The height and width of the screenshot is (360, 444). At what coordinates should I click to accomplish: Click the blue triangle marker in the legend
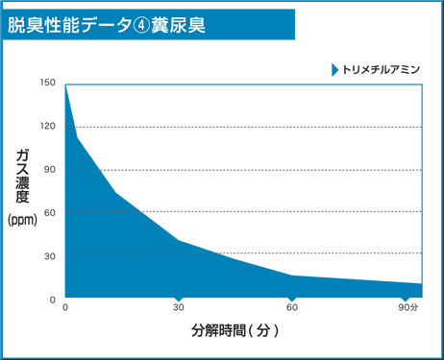334,70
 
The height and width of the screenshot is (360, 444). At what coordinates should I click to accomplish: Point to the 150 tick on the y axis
48,84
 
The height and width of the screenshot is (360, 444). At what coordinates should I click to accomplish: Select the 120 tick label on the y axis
48,127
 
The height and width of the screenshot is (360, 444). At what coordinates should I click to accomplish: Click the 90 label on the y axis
50,170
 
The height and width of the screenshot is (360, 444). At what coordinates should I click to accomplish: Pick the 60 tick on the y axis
50,212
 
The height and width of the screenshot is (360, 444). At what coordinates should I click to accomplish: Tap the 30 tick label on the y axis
50,255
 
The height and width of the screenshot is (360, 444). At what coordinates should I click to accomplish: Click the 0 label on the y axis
53,299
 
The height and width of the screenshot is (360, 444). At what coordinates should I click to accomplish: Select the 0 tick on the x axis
65,308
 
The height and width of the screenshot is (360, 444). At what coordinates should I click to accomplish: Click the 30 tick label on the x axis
178,308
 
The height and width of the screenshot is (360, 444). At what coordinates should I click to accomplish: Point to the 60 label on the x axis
292,308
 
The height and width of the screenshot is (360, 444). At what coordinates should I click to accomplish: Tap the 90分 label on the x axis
408,308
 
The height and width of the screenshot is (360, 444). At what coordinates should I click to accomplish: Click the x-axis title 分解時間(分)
234,331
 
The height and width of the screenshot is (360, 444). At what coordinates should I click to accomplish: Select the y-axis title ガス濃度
23,176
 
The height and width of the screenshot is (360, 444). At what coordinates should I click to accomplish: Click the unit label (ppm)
22,220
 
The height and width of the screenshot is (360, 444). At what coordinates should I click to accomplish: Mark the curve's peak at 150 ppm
65,84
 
